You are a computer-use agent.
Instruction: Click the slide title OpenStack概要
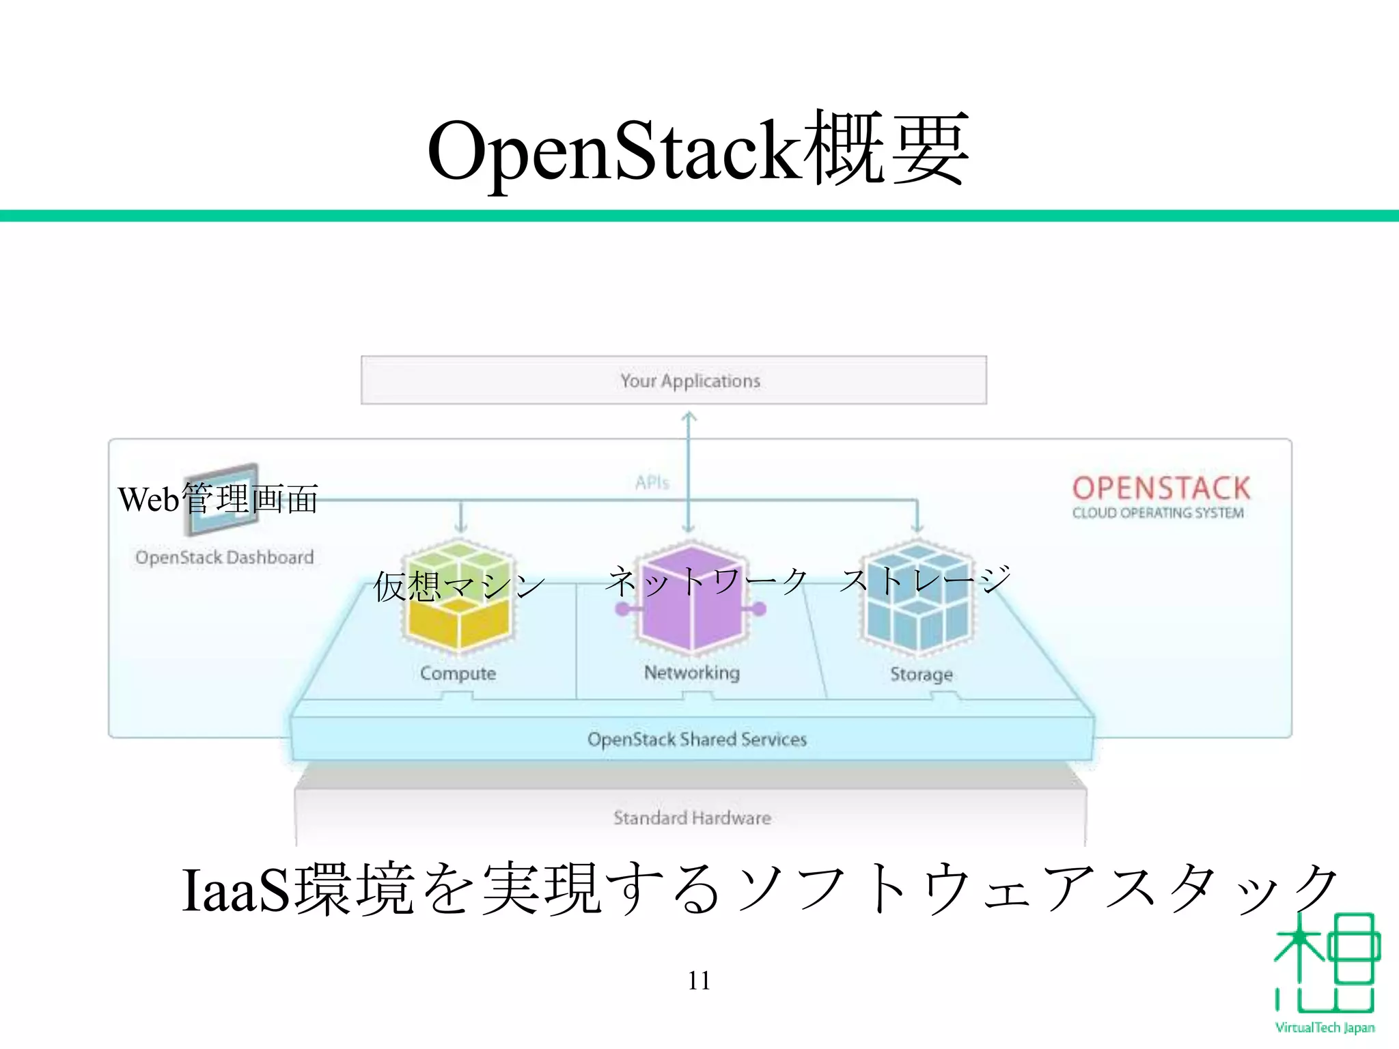click(x=698, y=150)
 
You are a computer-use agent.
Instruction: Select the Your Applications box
click(x=674, y=380)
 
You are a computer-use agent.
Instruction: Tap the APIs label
click(x=652, y=483)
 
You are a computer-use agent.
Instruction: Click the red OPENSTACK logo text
click(x=1161, y=488)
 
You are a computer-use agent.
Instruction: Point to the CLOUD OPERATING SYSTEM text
click(x=1157, y=513)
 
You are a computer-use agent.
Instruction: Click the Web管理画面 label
click(x=218, y=499)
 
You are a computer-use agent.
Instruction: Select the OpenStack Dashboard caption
click(x=224, y=557)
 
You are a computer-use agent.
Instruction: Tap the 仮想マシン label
click(x=459, y=586)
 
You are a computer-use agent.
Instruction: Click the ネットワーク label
click(x=707, y=581)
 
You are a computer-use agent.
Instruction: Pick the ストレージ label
click(x=925, y=580)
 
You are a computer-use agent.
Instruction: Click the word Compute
click(x=458, y=673)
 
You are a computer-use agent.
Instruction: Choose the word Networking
click(x=691, y=673)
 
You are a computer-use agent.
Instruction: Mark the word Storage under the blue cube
click(x=921, y=675)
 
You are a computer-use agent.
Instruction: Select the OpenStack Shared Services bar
click(x=697, y=739)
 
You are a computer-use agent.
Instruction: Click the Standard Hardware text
click(x=691, y=817)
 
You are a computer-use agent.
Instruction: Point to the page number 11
click(x=699, y=981)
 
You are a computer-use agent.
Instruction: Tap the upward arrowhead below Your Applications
click(x=689, y=415)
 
